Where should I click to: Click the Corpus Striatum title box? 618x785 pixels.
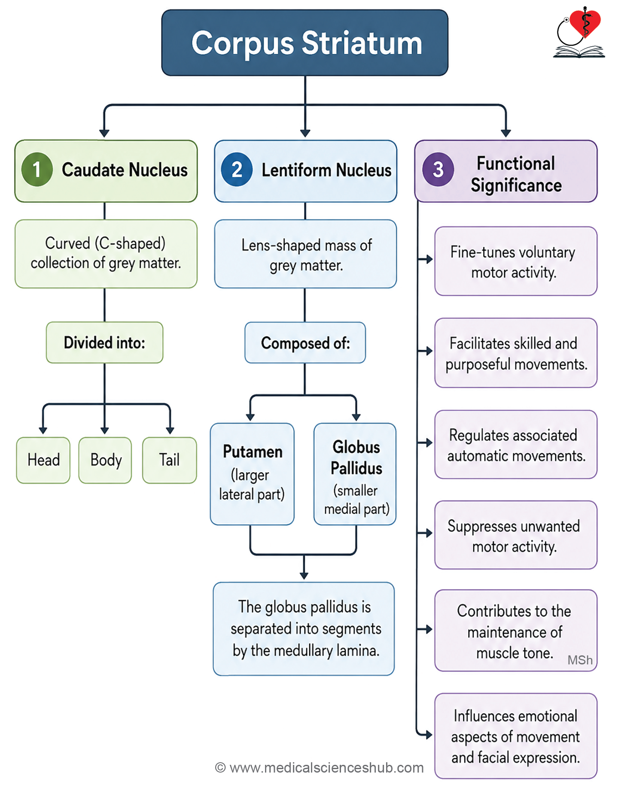click(x=305, y=43)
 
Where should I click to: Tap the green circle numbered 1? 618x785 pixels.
click(x=37, y=170)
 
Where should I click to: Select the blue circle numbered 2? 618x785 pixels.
click(x=237, y=170)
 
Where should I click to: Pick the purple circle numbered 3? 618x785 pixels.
click(x=438, y=170)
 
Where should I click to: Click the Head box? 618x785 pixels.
click(x=43, y=460)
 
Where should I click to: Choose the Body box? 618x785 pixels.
click(x=105, y=460)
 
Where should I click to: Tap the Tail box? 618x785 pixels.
click(x=170, y=460)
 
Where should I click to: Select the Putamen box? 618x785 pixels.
click(x=252, y=474)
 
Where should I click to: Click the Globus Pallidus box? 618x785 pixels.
click(x=355, y=474)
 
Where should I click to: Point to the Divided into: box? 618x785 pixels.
click(x=105, y=342)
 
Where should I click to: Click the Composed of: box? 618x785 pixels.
click(x=305, y=342)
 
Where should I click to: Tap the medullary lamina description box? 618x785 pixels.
click(x=304, y=629)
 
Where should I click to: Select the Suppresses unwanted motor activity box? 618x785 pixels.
click(x=516, y=535)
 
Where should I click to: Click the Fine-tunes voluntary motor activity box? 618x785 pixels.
click(x=516, y=261)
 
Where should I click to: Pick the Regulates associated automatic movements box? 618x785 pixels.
click(x=516, y=445)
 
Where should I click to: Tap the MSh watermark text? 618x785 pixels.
click(x=580, y=660)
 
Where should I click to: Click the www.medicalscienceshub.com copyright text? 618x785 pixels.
click(x=320, y=767)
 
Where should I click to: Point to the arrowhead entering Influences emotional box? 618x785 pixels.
click(x=428, y=735)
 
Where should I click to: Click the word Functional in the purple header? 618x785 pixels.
click(x=516, y=164)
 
